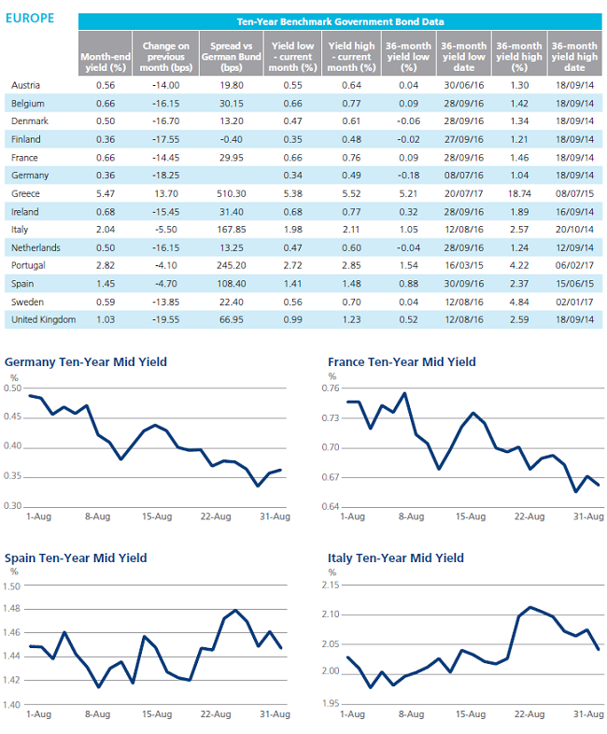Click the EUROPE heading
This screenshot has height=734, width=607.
30,19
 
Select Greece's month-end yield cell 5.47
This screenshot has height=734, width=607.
106,193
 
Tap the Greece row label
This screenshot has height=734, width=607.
25,193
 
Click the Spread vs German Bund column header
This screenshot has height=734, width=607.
232,57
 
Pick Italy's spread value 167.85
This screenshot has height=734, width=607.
232,230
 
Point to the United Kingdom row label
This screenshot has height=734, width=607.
44,319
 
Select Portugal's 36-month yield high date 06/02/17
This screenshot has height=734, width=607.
574,265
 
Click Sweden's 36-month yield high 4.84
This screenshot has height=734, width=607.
519,302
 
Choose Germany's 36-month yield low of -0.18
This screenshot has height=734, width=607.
408,176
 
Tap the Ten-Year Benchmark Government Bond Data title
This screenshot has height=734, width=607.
340,21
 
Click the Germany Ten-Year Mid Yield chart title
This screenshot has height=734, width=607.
86,361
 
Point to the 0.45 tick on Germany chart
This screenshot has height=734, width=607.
13,416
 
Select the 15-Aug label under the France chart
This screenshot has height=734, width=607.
471,516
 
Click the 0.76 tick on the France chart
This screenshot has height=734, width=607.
331,388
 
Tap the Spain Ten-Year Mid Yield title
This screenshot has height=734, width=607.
76,558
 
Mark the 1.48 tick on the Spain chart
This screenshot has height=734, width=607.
11,609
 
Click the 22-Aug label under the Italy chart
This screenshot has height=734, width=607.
529,713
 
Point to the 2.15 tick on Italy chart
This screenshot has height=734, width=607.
331,586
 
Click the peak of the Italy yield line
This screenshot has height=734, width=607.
529,607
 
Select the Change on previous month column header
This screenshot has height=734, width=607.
165,57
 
